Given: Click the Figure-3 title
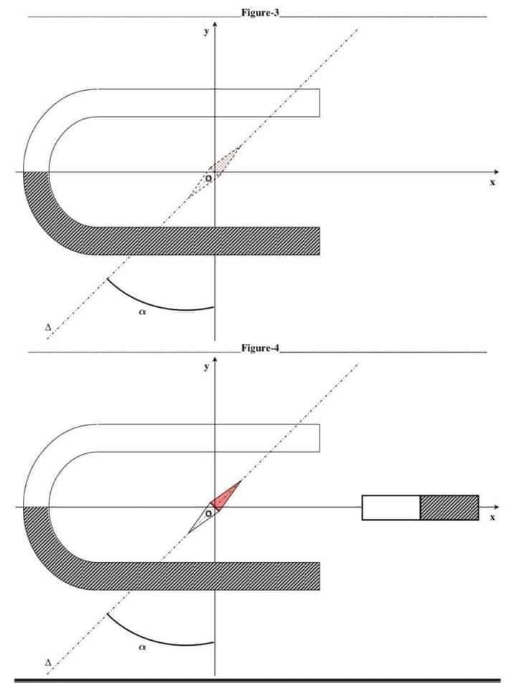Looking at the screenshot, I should tap(260, 14).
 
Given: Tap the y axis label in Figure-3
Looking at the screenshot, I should tap(206, 32).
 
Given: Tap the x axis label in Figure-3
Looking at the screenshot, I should tap(492, 183).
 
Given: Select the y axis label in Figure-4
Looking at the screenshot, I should tap(206, 367).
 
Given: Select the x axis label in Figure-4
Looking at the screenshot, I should tap(492, 517).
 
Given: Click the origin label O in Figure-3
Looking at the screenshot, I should tap(208, 178).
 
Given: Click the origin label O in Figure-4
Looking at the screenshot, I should tap(208, 513).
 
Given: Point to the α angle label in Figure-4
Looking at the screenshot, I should tap(142, 646).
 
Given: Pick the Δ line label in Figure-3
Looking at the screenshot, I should tap(47, 327).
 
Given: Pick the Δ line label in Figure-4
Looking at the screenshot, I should tap(47, 663).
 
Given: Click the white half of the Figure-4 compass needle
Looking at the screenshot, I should tap(200, 520).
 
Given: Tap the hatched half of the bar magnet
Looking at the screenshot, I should tap(449, 507).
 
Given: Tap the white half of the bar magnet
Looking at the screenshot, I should tap(391, 507).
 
